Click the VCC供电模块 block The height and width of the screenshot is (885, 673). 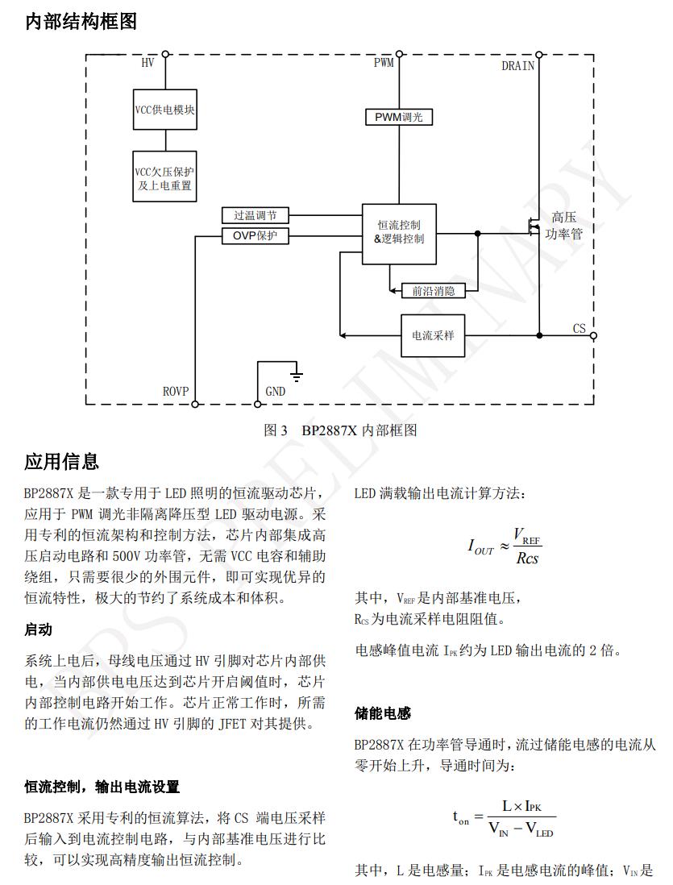click(165, 110)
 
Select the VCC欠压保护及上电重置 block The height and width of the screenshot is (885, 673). click(165, 178)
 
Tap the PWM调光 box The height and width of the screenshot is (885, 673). click(398, 117)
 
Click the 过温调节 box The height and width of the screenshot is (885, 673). click(255, 216)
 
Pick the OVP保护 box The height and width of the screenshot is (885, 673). click(255, 236)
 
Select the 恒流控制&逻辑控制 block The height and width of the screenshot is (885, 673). click(399, 233)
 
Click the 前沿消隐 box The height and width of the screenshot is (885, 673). click(433, 291)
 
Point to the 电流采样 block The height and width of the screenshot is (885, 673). click(433, 334)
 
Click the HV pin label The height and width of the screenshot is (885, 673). click(148, 63)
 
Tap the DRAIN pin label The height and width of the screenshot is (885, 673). click(517, 66)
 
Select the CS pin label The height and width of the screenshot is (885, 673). click(579, 329)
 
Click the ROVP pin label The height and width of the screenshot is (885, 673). click(176, 392)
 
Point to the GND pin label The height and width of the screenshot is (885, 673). click(275, 392)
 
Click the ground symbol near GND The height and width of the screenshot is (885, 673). click(297, 373)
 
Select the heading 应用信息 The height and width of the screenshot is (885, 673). click(62, 462)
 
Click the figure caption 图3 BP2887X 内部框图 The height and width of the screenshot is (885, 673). click(340, 430)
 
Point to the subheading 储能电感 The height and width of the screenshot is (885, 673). click(383, 713)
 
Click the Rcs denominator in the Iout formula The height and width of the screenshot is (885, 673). click(527, 558)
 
